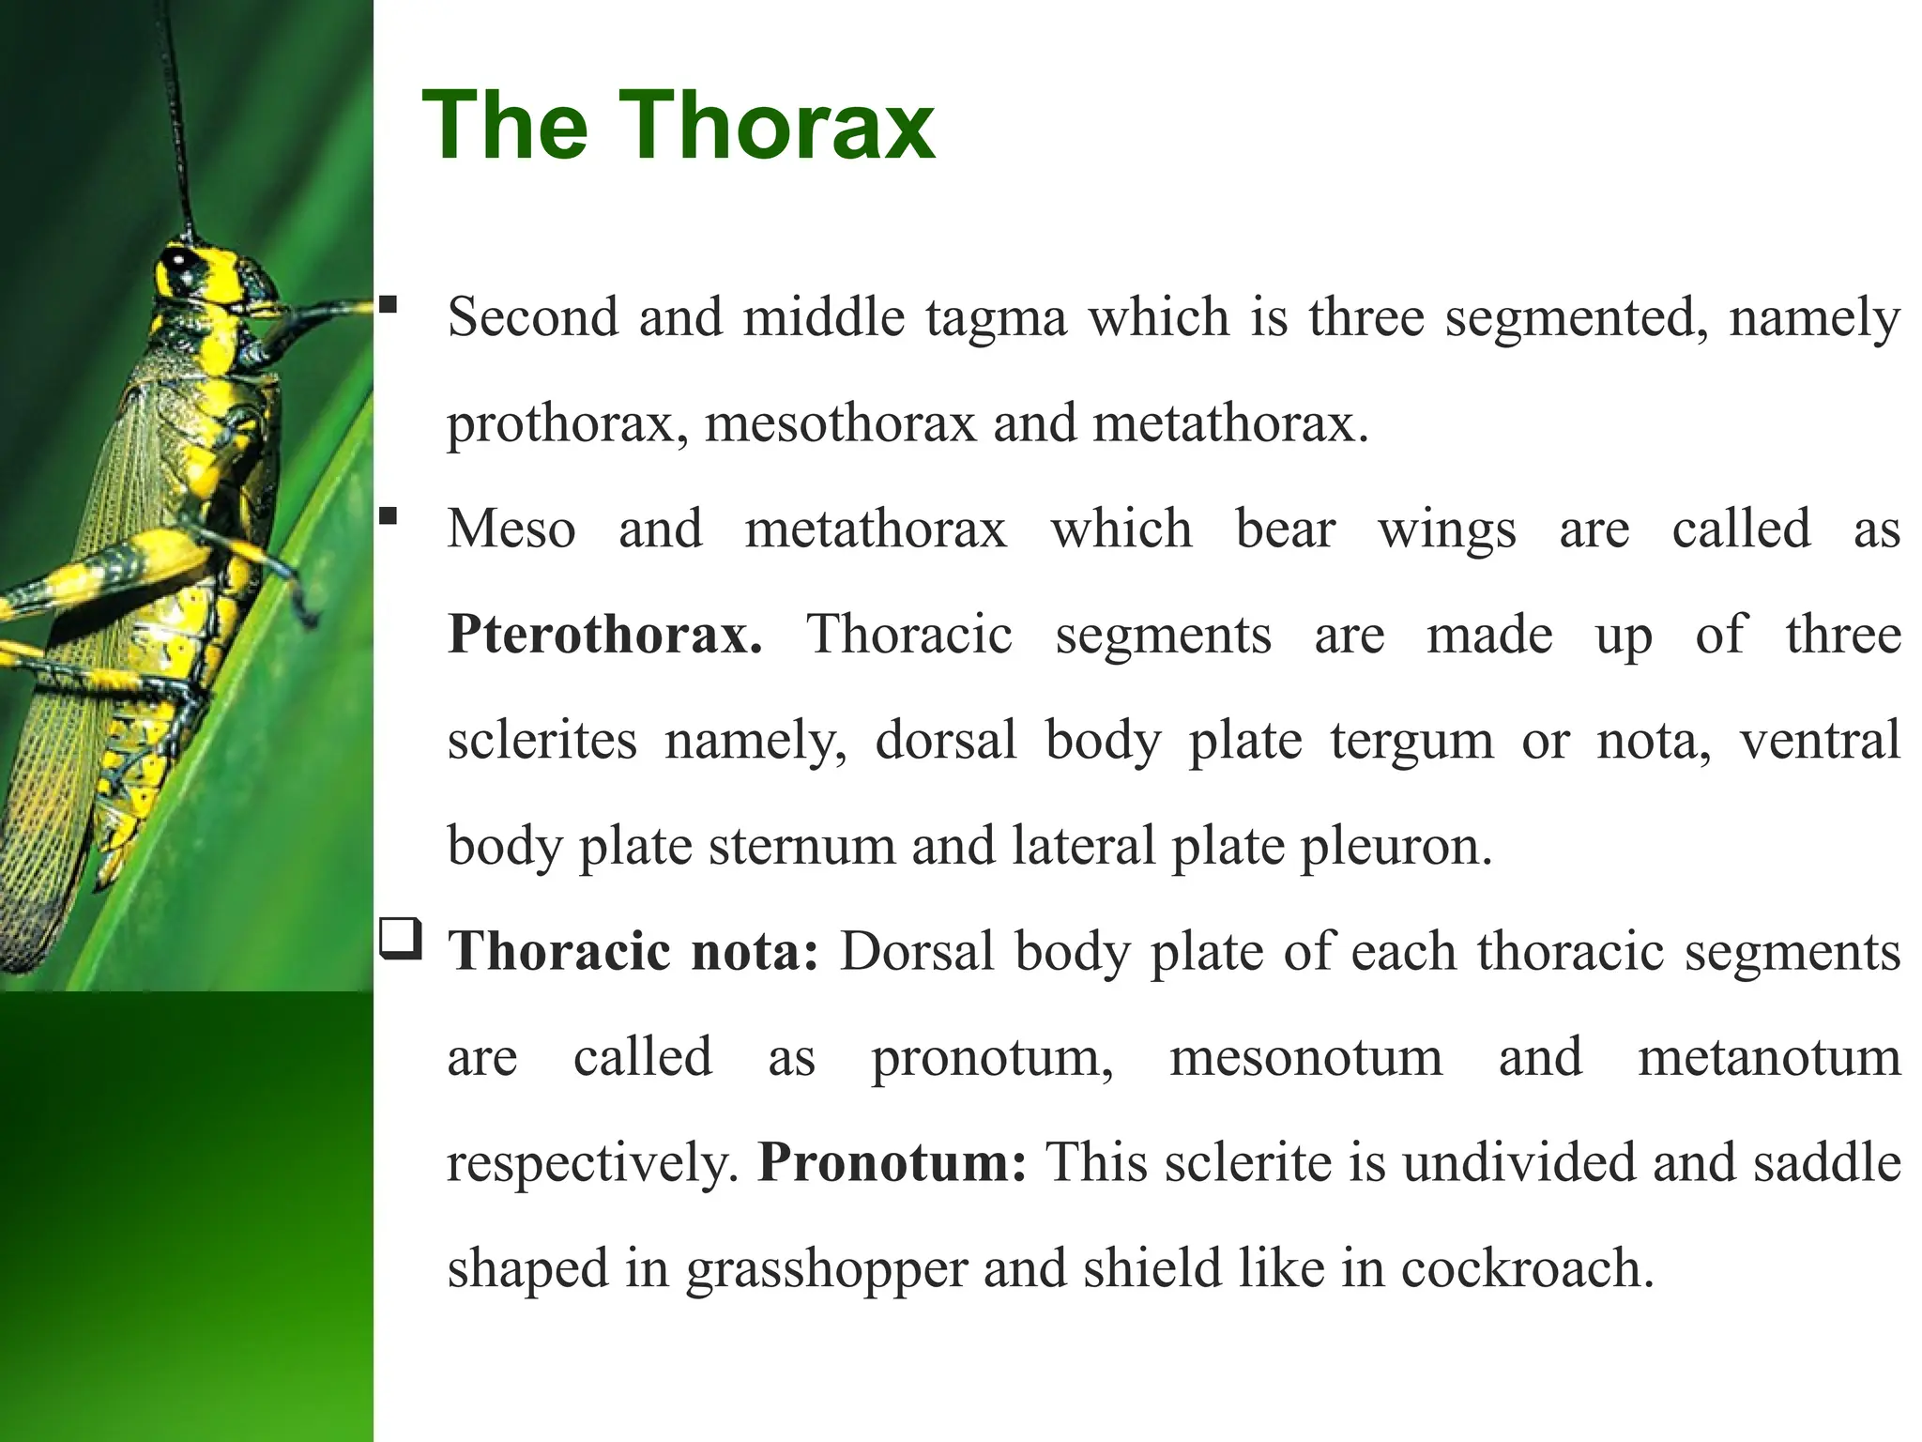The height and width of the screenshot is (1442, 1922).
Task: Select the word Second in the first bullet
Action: click(x=532, y=316)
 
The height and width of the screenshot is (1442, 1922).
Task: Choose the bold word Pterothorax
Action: click(x=604, y=636)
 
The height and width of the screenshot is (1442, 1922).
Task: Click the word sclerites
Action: click(x=542, y=741)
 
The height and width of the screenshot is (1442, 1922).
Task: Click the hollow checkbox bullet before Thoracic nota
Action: click(x=401, y=939)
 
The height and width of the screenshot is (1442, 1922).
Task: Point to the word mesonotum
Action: click(x=1305, y=1058)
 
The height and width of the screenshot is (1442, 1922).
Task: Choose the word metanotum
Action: click(x=1769, y=1058)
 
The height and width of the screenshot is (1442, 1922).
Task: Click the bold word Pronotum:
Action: click(x=892, y=1163)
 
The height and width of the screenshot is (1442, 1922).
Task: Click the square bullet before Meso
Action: click(x=389, y=515)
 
